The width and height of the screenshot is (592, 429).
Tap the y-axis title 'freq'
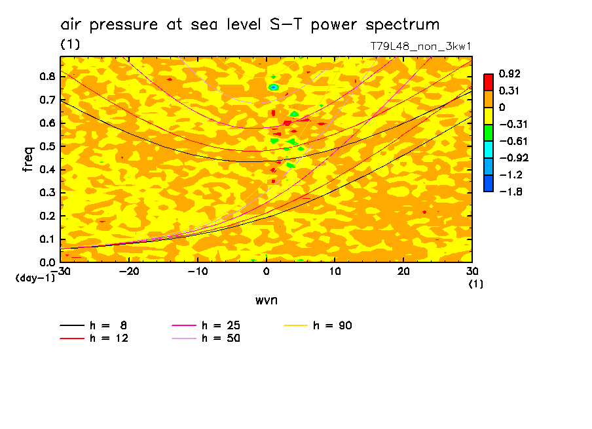pyautogui.click(x=28, y=159)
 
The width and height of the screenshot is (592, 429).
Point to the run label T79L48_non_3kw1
pyautogui.click(x=421, y=47)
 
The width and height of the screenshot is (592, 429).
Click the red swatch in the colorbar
pyautogui.click(x=488, y=82)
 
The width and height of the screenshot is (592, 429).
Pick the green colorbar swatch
pyautogui.click(x=488, y=133)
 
